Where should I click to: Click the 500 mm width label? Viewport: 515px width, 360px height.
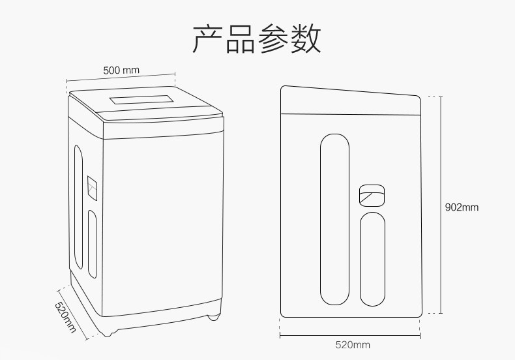click(x=121, y=70)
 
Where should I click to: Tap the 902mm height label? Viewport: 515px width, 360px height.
click(x=462, y=207)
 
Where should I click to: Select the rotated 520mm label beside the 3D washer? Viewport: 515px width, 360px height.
click(x=64, y=318)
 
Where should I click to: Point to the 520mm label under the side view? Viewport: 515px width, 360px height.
click(x=353, y=345)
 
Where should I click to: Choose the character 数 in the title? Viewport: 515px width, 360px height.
click(x=306, y=39)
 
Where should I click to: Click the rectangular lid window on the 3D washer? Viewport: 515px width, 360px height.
click(x=141, y=101)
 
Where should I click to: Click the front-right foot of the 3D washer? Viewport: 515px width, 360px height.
click(x=212, y=318)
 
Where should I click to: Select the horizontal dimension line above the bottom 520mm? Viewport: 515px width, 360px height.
click(x=352, y=336)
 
